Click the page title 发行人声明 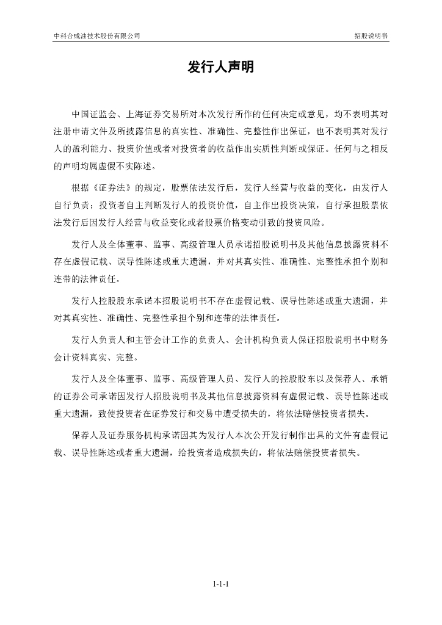[x=220, y=68]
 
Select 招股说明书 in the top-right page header [x=371, y=36]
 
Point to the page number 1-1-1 [x=220, y=584]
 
